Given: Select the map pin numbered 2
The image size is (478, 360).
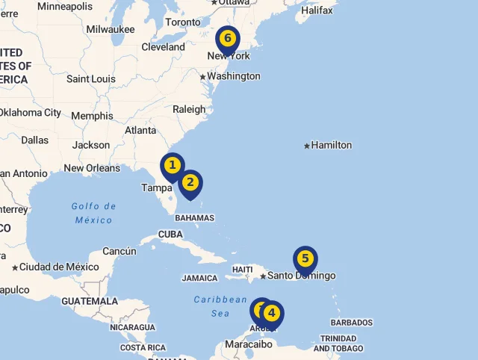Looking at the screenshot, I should point(190,182).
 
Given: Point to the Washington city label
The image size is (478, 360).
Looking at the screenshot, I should point(234,76).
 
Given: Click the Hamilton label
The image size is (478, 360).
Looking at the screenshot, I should point(331,145).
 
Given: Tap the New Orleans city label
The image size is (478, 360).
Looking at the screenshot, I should point(92,168).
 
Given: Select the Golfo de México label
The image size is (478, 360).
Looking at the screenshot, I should point(94,213).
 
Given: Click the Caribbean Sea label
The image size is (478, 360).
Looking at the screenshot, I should point(220,306).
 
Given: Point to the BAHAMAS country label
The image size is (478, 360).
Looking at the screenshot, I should point(195,218).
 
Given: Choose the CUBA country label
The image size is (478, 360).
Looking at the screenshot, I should point(170,235).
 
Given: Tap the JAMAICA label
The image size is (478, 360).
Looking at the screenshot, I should point(199,279).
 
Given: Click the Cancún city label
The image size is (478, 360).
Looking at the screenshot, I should point(119,252).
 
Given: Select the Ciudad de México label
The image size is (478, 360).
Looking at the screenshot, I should point(59,267).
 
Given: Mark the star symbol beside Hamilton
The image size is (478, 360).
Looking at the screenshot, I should point(307,146).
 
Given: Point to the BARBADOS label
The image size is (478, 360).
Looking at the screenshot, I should point(351,323).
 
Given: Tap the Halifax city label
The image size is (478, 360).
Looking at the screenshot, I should point(317,10).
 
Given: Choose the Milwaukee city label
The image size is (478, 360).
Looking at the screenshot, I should point(111,29).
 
